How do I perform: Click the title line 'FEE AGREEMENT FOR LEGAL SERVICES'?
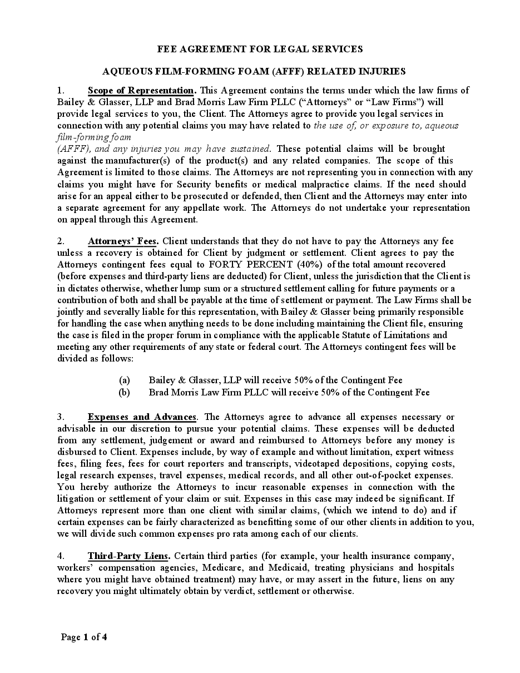click(260, 49)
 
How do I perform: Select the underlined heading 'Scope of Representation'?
click(141, 90)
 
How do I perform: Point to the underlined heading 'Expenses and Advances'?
click(142, 417)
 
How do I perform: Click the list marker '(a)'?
click(125, 380)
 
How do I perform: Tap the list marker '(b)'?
click(125, 392)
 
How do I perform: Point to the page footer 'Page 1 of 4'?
click(84, 637)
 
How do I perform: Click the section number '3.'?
click(61, 417)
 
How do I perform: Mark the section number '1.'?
click(61, 90)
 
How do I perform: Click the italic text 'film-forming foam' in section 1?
click(94, 137)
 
